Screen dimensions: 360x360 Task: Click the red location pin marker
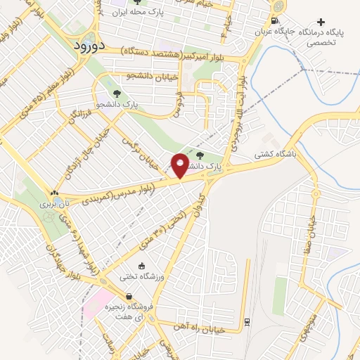[180, 165]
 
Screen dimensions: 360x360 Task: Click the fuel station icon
[274, 20]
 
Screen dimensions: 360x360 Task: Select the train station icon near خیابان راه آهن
[247, 322]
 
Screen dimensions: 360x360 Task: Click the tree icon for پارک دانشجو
[116, 93]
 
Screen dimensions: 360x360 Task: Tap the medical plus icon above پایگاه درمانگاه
[321, 22]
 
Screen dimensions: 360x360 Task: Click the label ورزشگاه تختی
[141, 276]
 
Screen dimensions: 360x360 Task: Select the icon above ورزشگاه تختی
[142, 266]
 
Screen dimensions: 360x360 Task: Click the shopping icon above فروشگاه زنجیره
[127, 297]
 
